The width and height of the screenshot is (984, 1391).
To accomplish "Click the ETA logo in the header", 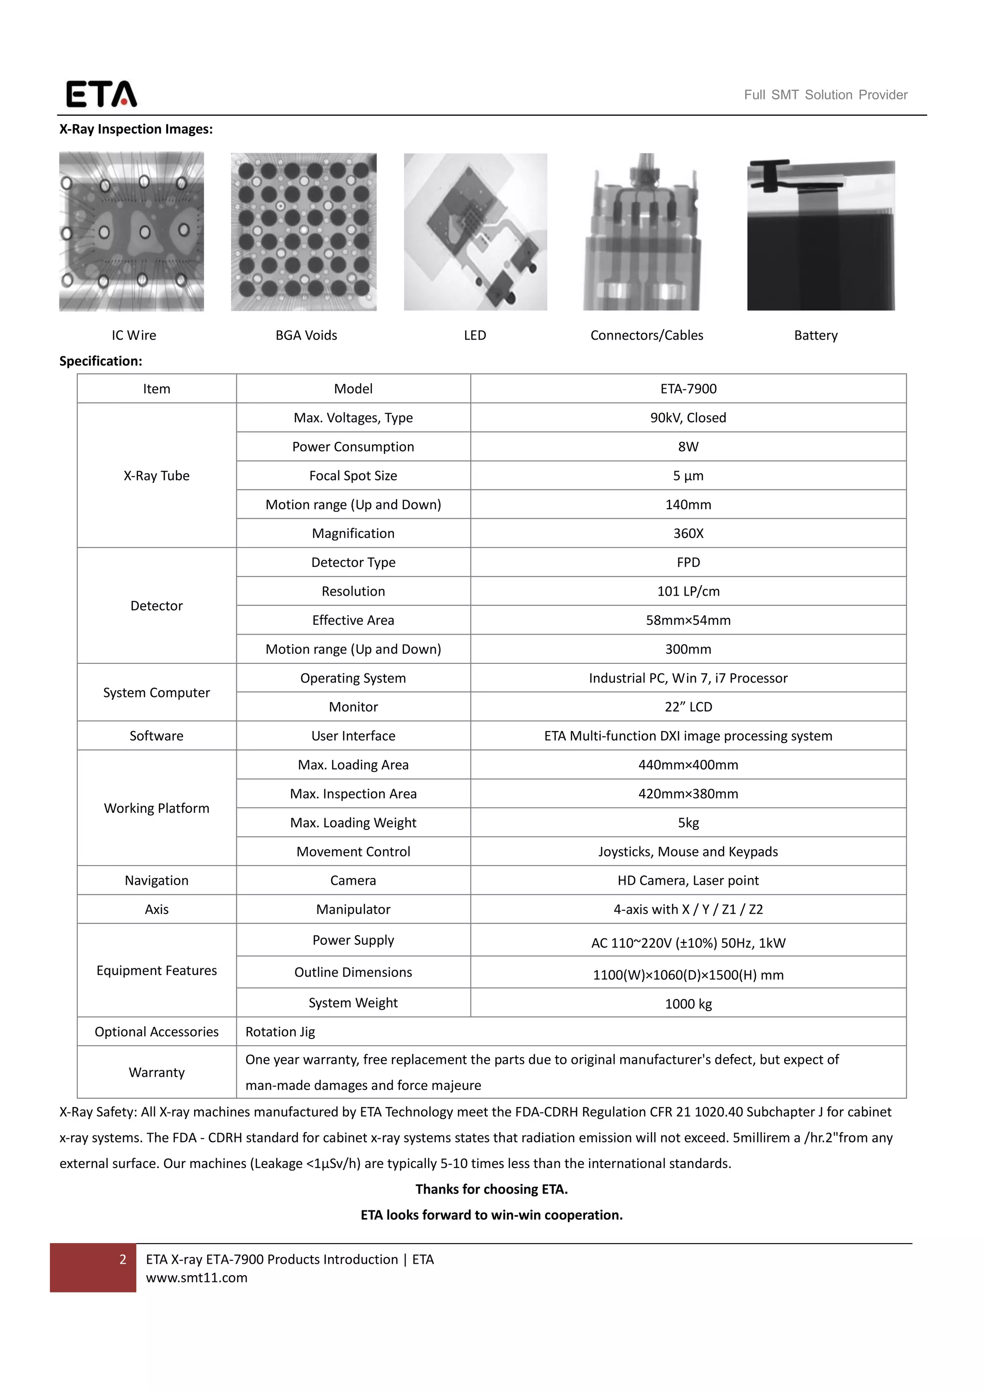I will (x=101, y=94).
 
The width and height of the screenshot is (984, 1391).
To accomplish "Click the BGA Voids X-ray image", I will (x=304, y=232).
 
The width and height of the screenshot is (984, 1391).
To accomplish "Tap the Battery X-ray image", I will (x=821, y=234).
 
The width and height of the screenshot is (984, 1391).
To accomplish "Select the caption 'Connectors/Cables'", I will (x=647, y=336).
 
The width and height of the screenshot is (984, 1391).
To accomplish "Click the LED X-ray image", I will (x=475, y=232).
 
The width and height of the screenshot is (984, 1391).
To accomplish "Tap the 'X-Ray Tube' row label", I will (x=156, y=476).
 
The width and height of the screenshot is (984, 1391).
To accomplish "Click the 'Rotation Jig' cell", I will (x=280, y=1032).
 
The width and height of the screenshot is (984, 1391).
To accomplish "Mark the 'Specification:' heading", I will (x=100, y=361).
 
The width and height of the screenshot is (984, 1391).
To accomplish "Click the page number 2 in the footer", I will (x=123, y=1259).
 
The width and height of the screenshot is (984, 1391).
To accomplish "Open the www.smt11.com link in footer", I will (x=197, y=1278).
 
